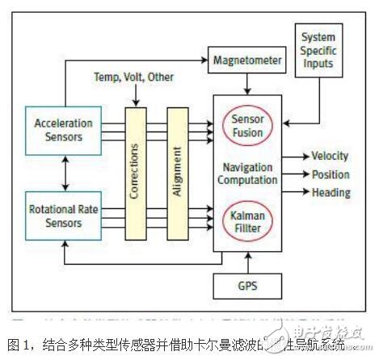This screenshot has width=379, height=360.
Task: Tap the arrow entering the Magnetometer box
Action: pyautogui.click(x=200, y=60)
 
